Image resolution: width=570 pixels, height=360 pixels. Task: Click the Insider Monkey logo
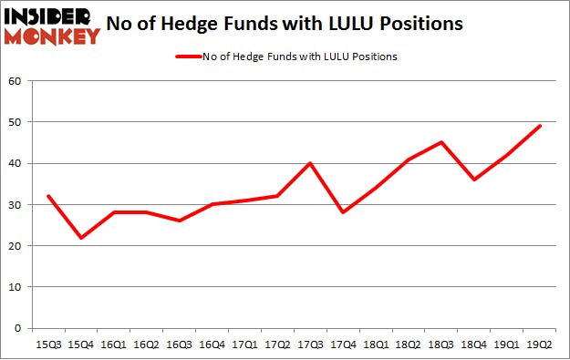tap(51, 26)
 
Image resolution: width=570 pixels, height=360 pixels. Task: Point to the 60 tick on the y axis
tap(16, 81)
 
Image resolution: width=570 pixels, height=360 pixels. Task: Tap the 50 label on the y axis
tap(16, 122)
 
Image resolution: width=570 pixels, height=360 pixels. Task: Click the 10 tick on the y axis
tap(16, 287)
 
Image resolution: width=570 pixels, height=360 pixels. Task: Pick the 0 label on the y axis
tap(18, 328)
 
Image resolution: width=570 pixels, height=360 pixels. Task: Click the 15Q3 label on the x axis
tap(47, 344)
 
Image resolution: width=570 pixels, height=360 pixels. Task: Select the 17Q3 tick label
tap(310, 344)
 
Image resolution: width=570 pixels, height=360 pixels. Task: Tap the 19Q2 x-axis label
tap(540, 344)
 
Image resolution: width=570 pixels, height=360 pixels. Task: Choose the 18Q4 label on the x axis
tap(474, 344)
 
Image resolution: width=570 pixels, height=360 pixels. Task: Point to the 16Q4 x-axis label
tap(212, 344)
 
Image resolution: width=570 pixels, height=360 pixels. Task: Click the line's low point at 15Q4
tap(80, 238)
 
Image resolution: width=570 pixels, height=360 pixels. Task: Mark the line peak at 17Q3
tap(310, 163)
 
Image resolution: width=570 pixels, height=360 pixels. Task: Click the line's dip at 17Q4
tap(343, 212)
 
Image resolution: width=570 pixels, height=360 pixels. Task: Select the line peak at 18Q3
tap(441, 142)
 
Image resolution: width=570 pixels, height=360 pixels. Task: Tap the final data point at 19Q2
tap(540, 126)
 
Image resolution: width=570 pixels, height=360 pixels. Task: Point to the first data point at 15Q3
tap(47, 196)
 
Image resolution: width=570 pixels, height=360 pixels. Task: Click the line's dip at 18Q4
tap(474, 180)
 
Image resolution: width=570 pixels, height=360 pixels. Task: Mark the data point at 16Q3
tap(179, 221)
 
